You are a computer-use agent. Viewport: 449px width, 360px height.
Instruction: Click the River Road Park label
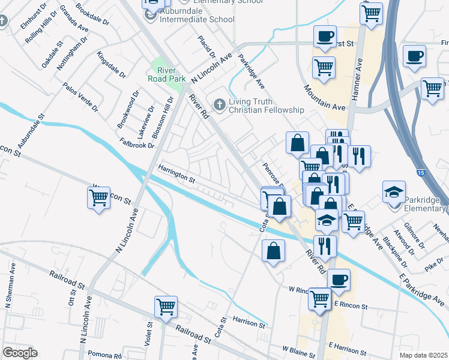(x=167, y=74)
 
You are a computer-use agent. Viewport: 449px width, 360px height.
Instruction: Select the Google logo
(x=19, y=353)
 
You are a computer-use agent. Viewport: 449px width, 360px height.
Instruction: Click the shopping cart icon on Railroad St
(x=165, y=307)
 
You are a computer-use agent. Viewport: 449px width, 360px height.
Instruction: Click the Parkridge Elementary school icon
(x=394, y=192)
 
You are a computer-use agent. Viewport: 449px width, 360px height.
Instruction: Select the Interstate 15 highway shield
(x=420, y=172)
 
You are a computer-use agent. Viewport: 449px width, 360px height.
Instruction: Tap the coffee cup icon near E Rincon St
(x=339, y=280)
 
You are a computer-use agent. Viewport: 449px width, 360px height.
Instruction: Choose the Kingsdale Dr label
(x=111, y=64)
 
